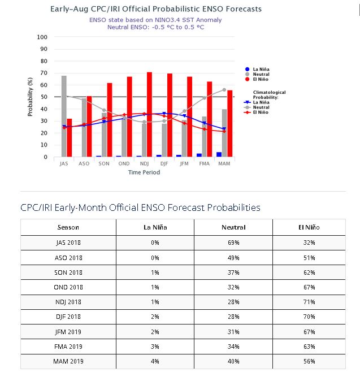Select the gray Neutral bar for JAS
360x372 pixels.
(x=64, y=116)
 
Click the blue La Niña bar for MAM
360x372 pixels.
(x=219, y=154)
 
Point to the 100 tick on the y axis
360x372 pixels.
(x=42, y=37)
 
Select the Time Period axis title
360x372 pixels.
(x=144, y=172)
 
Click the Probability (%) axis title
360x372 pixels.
(x=31, y=97)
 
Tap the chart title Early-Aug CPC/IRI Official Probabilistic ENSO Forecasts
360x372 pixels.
(x=155, y=9)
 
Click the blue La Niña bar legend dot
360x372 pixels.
(x=248, y=69)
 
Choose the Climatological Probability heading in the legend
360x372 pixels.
(x=270, y=94)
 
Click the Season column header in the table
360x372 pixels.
(x=68, y=227)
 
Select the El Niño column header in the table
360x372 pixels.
(x=309, y=227)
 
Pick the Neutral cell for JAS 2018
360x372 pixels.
(x=233, y=243)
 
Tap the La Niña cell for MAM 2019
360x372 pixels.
(x=155, y=361)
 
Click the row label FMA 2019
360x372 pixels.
(x=68, y=347)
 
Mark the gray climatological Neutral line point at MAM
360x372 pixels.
(x=224, y=90)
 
